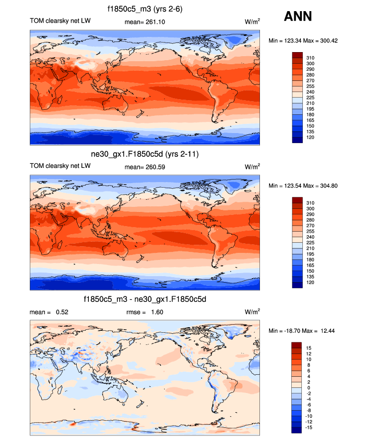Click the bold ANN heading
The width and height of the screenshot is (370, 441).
(x=298, y=17)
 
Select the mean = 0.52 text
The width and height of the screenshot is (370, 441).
(x=49, y=312)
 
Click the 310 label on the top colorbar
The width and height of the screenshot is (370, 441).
(x=310, y=58)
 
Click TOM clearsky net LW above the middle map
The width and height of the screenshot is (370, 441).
(x=55, y=166)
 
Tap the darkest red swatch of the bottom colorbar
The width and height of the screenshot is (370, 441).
(x=297, y=345)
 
